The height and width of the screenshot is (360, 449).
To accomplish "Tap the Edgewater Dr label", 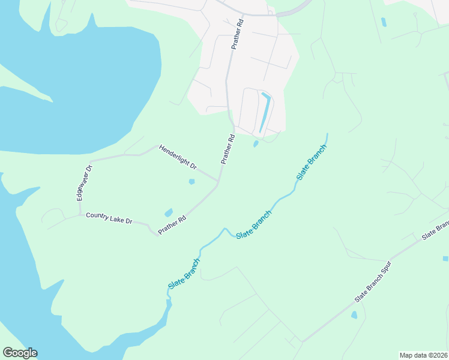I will (x=82, y=182).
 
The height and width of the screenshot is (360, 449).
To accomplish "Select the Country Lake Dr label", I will (x=109, y=218).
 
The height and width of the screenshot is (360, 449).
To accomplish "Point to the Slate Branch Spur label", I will (x=373, y=281).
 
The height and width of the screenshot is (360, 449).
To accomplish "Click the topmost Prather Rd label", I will (x=237, y=34).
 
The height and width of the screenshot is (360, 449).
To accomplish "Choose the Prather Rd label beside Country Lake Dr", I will (x=172, y=226).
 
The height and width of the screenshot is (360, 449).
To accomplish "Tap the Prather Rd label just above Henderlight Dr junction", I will (x=228, y=149).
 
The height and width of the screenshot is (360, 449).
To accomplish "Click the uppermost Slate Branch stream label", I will (x=312, y=162).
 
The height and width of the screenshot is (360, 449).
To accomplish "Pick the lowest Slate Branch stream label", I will (x=184, y=274).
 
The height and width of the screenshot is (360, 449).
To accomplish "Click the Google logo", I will (x=20, y=353).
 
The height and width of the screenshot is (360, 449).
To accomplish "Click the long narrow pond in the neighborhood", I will (x=264, y=113).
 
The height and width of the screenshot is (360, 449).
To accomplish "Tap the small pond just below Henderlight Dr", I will (x=191, y=182).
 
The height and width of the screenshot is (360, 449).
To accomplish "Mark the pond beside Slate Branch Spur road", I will (x=354, y=314).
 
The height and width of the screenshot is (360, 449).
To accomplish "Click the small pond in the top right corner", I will (x=383, y=22).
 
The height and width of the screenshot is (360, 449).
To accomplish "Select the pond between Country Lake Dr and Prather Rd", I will (x=169, y=212).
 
